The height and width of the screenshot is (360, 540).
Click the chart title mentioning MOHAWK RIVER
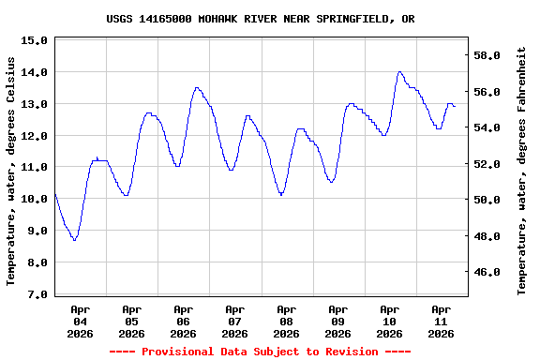(x=260, y=19)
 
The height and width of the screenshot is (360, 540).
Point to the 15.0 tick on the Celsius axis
(x=34, y=40)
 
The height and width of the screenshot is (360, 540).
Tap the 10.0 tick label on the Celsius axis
(x=34, y=199)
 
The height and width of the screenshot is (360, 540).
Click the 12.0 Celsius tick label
(x=34, y=136)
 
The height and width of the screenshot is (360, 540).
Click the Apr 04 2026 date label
(x=80, y=321)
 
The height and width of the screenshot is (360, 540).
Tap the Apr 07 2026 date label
(x=234, y=321)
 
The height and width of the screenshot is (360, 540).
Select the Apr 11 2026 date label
(x=441, y=321)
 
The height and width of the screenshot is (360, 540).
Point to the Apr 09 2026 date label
(x=337, y=321)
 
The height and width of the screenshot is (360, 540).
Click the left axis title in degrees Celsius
(x=11, y=171)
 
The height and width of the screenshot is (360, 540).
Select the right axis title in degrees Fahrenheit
(x=522, y=171)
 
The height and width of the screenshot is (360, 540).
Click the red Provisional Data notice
(x=260, y=352)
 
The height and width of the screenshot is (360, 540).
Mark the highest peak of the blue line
(x=399, y=71)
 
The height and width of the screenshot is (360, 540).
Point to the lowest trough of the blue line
(x=74, y=240)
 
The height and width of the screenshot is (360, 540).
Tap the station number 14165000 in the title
(x=168, y=19)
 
